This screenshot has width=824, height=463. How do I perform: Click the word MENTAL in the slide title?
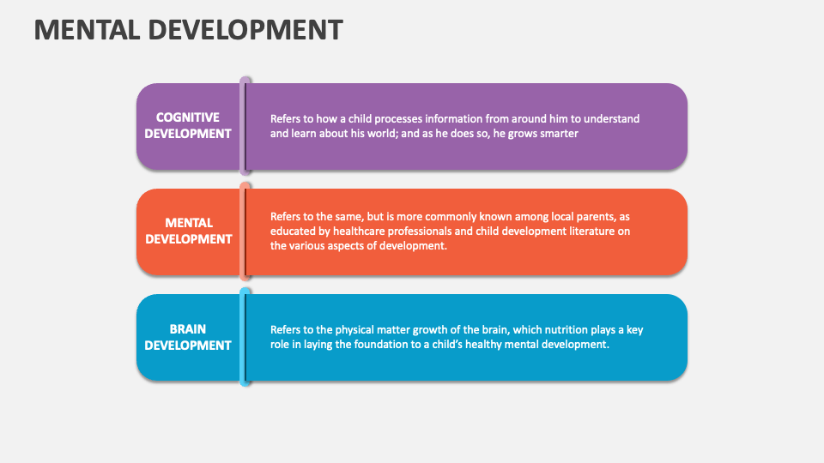88,29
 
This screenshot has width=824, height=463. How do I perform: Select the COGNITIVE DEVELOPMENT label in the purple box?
188,125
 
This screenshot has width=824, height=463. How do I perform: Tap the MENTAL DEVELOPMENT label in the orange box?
188,231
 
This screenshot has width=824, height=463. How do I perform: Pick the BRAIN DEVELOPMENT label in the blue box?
188,337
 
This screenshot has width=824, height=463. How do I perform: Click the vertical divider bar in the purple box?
245,125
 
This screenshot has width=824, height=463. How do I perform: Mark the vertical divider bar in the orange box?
245,231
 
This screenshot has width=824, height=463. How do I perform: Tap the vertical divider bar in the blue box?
245,337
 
